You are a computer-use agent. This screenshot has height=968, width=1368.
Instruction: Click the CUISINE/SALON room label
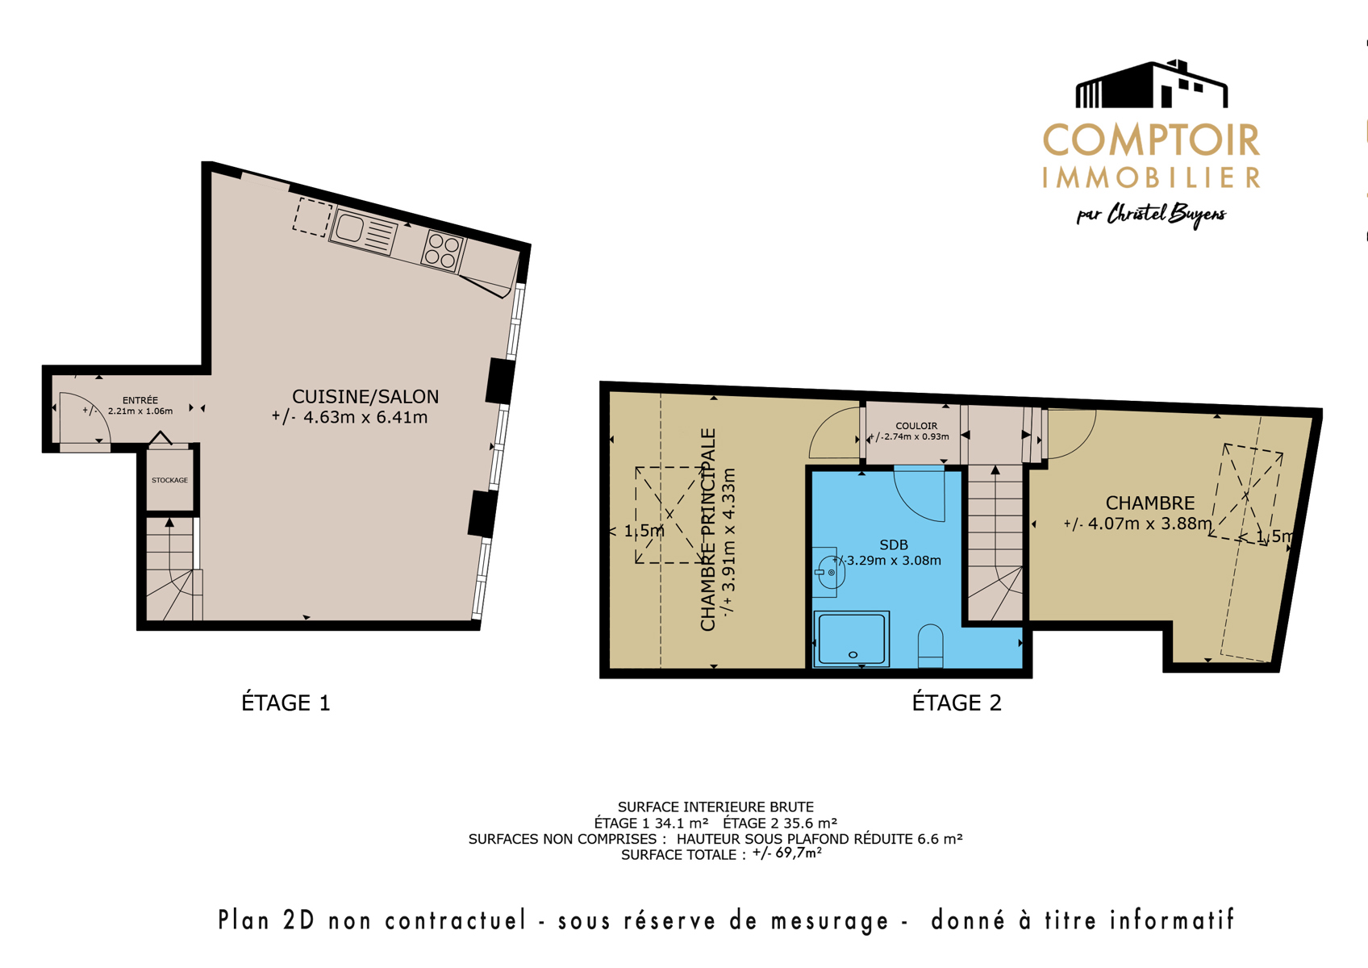point(365,397)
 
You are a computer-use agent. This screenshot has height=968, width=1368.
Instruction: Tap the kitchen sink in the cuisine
point(363,232)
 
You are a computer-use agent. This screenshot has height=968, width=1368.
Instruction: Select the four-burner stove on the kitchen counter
point(443,250)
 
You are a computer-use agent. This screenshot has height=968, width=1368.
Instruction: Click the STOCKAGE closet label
point(169,480)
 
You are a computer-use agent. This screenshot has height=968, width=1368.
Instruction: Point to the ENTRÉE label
point(140,400)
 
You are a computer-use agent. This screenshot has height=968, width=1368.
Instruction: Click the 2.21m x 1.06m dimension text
point(140,411)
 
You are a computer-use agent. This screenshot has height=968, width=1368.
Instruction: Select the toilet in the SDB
point(930,645)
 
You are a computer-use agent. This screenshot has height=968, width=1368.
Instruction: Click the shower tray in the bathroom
point(851,639)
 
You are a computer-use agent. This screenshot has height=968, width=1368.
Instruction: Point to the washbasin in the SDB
point(828,572)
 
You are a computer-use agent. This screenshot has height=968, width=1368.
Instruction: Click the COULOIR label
point(916,426)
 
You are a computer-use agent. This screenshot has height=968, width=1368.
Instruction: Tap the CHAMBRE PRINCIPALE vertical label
point(708,529)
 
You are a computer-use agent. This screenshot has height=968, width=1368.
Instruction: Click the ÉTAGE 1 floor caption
point(286,703)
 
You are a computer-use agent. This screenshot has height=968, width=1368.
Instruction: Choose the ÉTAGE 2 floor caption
point(957,703)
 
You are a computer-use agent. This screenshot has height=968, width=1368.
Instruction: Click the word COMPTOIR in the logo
point(1151,140)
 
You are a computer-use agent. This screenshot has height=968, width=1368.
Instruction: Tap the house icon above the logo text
point(1152,84)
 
